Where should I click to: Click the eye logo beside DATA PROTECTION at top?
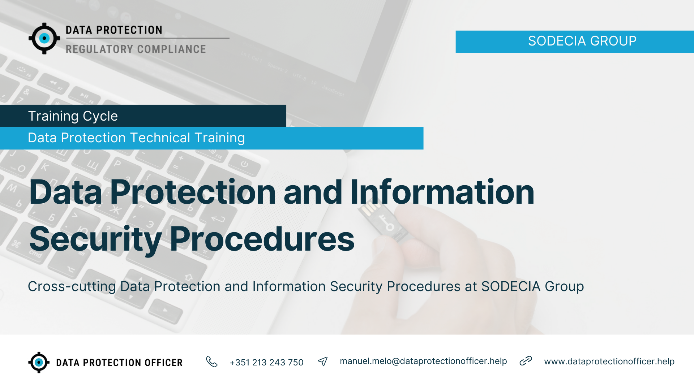[44, 38]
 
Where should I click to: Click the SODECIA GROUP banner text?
[582, 41]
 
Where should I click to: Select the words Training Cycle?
[73, 116]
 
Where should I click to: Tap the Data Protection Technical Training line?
[136, 138]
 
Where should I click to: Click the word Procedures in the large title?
[262, 239]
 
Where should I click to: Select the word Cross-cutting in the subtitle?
[72, 286]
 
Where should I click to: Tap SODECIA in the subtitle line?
[511, 286]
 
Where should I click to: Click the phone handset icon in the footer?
[212, 361]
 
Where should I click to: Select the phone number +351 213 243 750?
[266, 362]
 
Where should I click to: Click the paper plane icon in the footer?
[323, 361]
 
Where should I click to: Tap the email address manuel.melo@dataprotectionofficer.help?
[423, 361]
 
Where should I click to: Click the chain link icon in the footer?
[526, 361]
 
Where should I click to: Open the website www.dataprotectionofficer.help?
[609, 361]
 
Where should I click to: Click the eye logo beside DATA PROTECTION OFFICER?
[39, 362]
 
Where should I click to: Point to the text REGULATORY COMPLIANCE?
[136, 49]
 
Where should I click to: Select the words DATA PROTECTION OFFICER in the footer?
[119, 363]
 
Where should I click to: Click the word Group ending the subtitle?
[564, 287]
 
